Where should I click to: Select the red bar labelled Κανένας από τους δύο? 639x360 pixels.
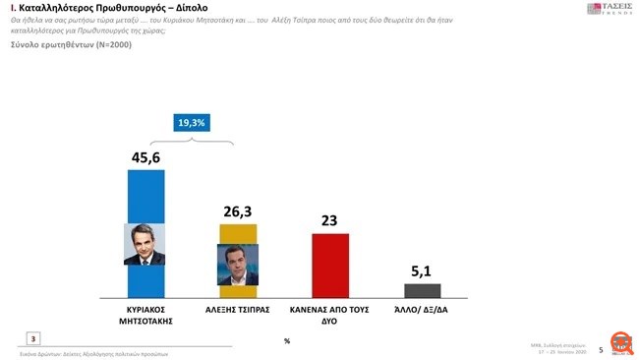329,265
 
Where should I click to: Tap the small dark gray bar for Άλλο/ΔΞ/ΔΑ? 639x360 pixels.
423,290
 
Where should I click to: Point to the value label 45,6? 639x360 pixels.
146,156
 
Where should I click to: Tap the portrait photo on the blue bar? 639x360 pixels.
144,244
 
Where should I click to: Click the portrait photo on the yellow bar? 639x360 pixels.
236,263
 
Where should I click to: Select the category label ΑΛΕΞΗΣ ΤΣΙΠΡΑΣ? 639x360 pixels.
238,308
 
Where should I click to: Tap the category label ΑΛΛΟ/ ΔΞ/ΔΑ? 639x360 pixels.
423,308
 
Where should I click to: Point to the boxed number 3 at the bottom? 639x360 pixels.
33,338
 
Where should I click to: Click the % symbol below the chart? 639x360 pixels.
286,340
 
